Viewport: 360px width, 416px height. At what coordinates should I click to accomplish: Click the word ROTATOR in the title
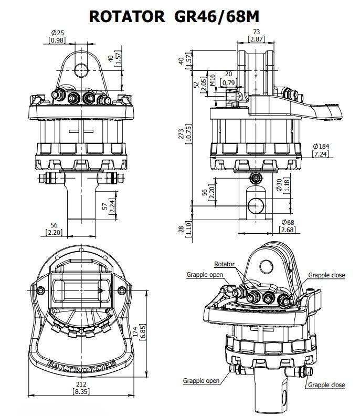click(127, 16)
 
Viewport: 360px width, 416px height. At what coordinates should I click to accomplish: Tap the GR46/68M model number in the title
click(217, 16)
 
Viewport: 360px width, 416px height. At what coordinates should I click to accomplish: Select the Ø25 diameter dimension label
click(58, 33)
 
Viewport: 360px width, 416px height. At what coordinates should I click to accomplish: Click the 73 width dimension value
click(256, 32)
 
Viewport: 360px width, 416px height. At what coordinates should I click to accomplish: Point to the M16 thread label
click(212, 80)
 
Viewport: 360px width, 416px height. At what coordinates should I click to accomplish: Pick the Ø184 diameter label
click(321, 146)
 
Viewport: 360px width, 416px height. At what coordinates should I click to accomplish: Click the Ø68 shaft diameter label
click(288, 222)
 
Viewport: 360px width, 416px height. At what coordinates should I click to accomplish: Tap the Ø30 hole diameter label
click(279, 185)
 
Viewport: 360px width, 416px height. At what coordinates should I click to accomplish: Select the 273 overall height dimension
click(181, 134)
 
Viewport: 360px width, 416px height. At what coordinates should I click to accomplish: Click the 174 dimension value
click(135, 332)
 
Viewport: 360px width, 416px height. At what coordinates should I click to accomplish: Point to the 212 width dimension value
click(81, 384)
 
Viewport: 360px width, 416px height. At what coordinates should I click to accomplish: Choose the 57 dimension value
click(105, 206)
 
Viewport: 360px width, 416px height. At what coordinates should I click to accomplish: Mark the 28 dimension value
click(181, 229)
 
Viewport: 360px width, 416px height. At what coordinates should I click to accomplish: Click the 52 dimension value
click(196, 85)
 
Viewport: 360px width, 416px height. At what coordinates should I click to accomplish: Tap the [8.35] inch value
click(81, 391)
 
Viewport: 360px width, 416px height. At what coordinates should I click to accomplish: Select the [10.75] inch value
click(188, 134)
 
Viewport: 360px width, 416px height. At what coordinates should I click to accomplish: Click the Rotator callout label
click(224, 264)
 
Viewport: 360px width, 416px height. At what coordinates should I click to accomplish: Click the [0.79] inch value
click(228, 83)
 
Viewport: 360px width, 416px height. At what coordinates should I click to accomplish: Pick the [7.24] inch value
click(321, 154)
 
